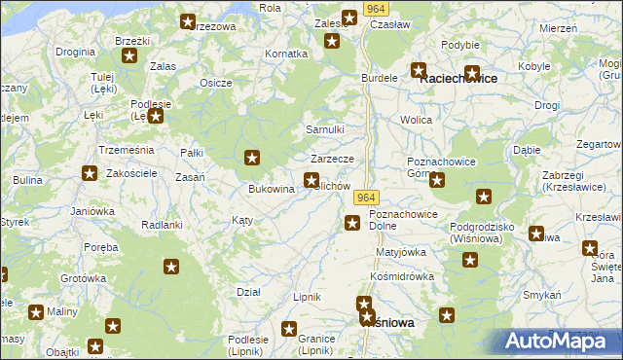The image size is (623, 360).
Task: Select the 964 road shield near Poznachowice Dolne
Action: [364, 198]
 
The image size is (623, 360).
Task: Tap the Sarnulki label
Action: [325, 129]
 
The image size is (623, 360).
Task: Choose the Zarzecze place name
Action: [338, 159]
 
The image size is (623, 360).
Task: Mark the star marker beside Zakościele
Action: [90, 174]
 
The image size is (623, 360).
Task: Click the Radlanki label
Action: [162, 225]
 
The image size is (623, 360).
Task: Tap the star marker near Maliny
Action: [36, 312]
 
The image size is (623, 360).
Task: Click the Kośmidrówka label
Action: [402, 277]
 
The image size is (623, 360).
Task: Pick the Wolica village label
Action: [417, 120]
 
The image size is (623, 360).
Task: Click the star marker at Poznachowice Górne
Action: [437, 180]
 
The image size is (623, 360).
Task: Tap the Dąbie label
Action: [527, 151]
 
